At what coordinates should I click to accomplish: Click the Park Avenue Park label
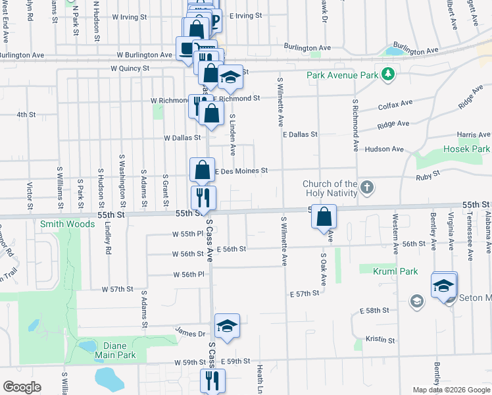pyautogui.click(x=342, y=75)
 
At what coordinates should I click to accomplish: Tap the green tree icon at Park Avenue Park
pyautogui.click(x=389, y=74)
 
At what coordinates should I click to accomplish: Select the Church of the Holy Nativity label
pyautogui.click(x=330, y=188)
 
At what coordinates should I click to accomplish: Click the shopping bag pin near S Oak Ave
pyautogui.click(x=324, y=217)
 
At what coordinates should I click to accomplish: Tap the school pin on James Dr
pyautogui.click(x=227, y=326)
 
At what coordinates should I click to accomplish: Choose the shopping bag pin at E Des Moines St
pyautogui.click(x=203, y=170)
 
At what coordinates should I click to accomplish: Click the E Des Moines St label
pyautogui.click(x=240, y=171)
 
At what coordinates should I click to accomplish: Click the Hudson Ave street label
pyautogui.click(x=383, y=149)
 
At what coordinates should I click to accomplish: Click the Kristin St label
pyautogui.click(x=380, y=340)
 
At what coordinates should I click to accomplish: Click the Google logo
pyautogui.click(x=22, y=387)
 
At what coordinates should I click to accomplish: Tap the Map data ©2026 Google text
pyautogui.click(x=451, y=390)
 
